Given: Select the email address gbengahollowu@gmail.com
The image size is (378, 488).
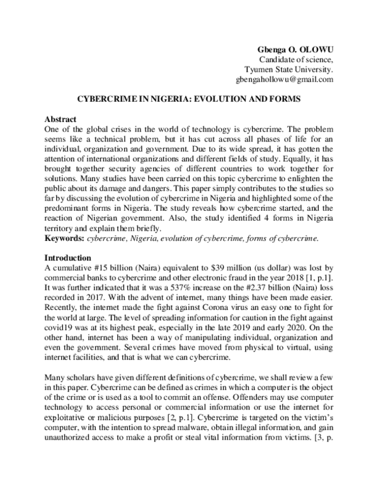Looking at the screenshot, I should tap(288, 80).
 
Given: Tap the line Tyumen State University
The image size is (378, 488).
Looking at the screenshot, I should tap(288, 70).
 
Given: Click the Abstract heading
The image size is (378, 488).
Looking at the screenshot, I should tap(60, 119).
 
